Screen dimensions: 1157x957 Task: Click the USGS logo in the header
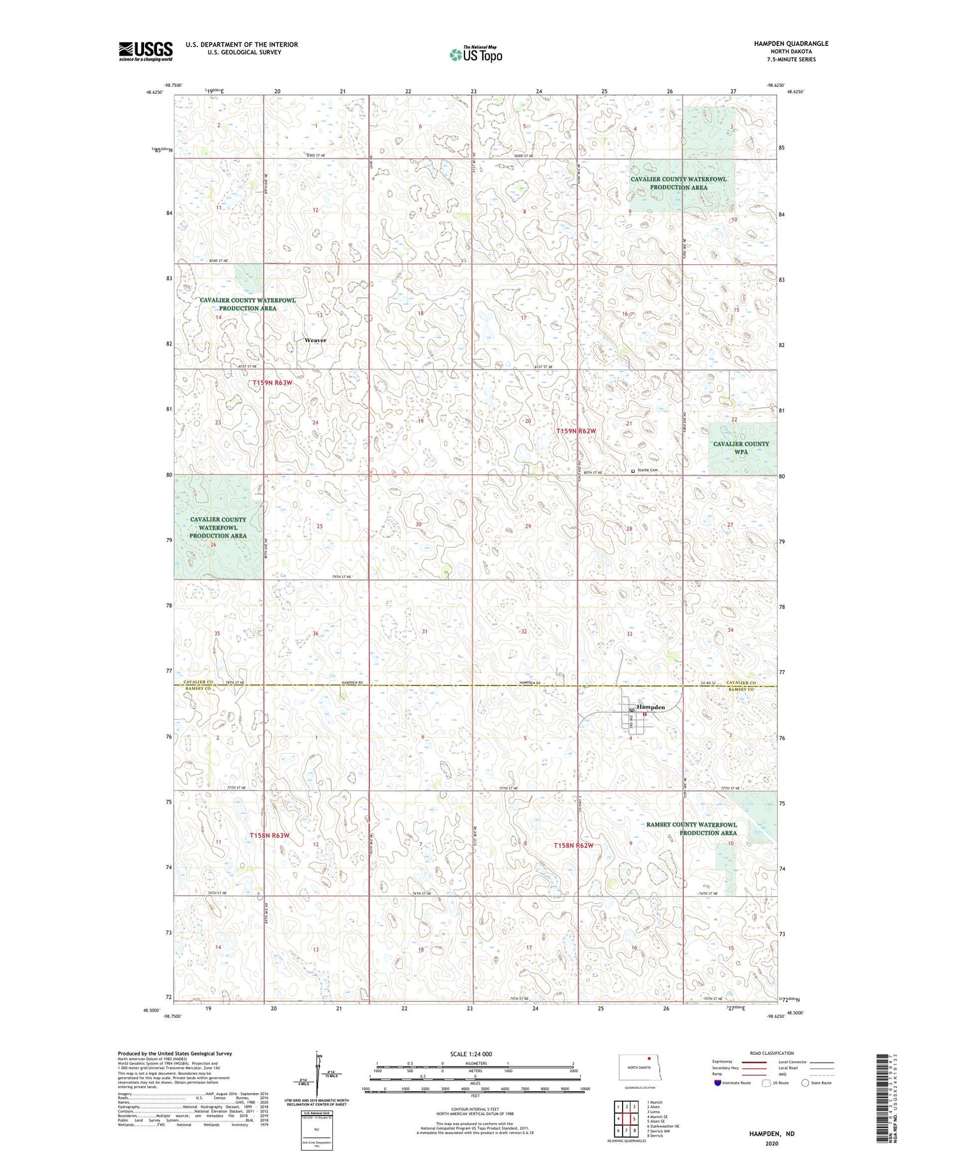pyautogui.click(x=145, y=51)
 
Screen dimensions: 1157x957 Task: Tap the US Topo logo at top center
pyautogui.click(x=475, y=54)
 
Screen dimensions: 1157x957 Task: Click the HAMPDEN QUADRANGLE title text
pyautogui.click(x=790, y=43)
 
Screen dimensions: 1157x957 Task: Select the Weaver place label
pyautogui.click(x=315, y=340)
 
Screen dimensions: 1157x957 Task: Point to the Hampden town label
pyautogui.click(x=651, y=707)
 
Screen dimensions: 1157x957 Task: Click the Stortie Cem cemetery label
pyautogui.click(x=647, y=470)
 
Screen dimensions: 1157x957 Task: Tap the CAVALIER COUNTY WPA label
pyautogui.click(x=741, y=447)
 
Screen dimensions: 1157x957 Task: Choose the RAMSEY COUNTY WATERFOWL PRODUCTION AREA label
pyautogui.click(x=692, y=828)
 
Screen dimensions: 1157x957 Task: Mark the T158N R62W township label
pyautogui.click(x=573, y=846)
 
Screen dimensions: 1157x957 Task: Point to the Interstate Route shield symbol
pyautogui.click(x=718, y=1083)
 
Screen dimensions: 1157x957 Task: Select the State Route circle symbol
pyautogui.click(x=805, y=1083)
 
